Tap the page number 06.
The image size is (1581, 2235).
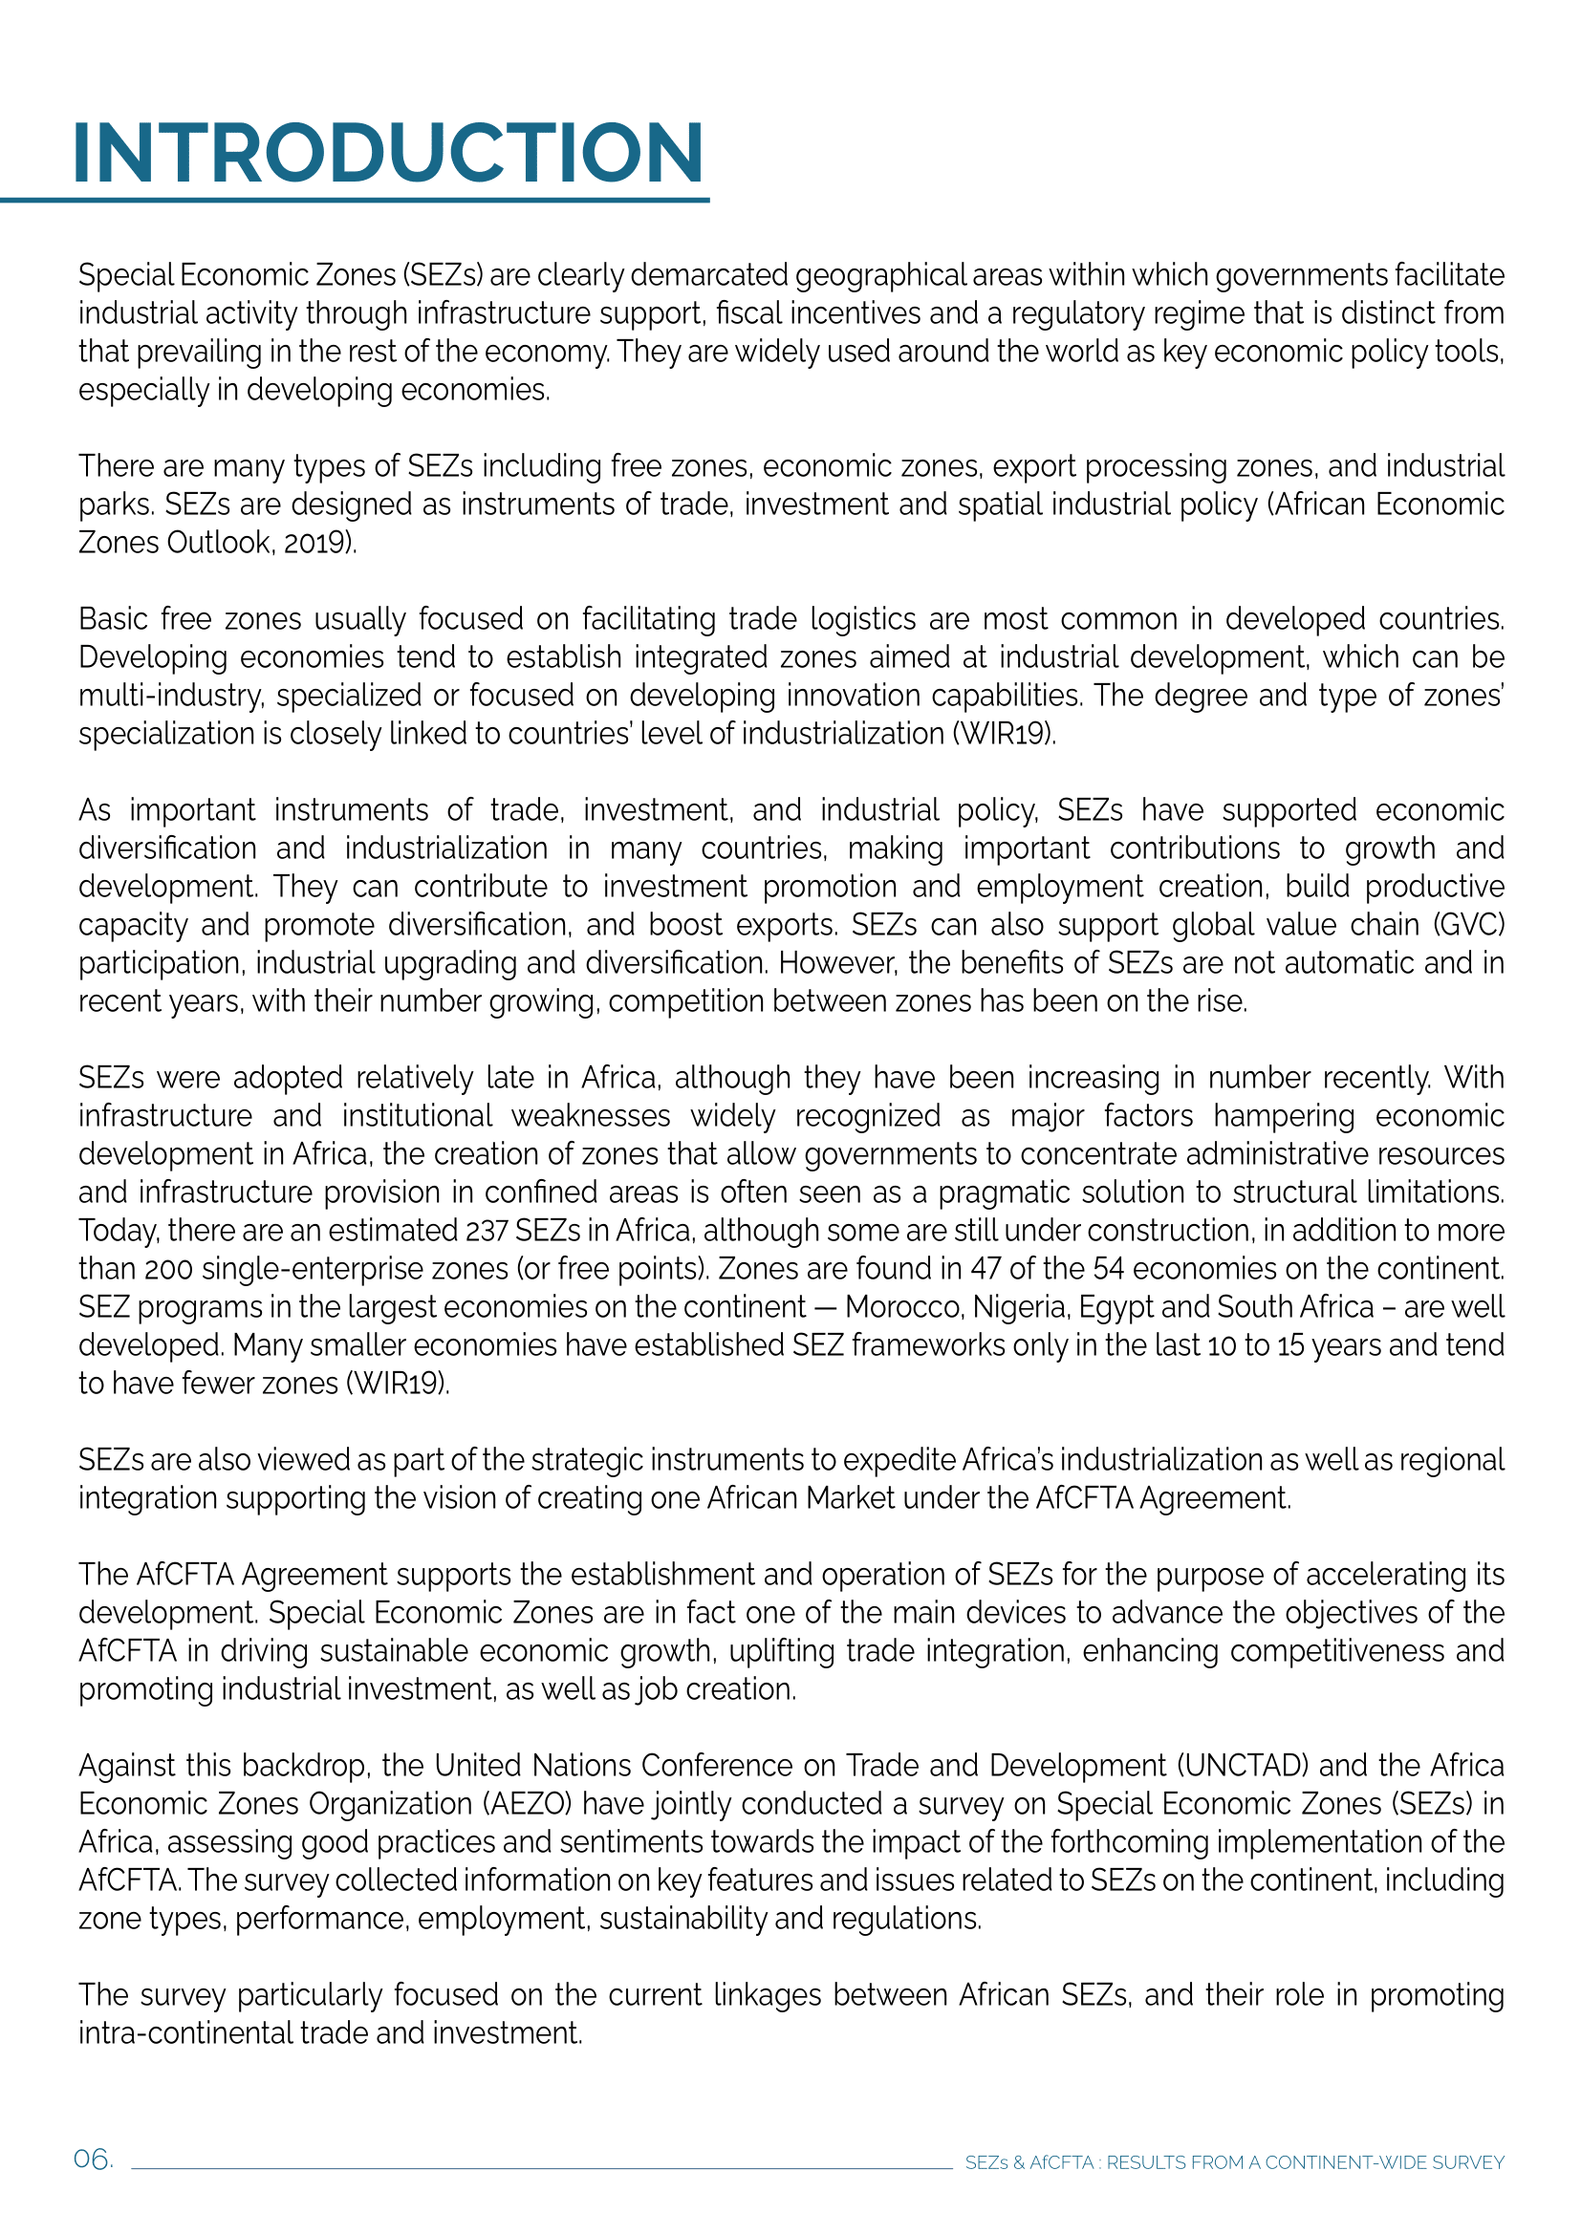pos(93,2160)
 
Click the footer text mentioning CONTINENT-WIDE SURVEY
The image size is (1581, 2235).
pos(1233,2162)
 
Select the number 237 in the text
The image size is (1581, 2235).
pos(487,1231)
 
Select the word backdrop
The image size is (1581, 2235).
pos(306,1766)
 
